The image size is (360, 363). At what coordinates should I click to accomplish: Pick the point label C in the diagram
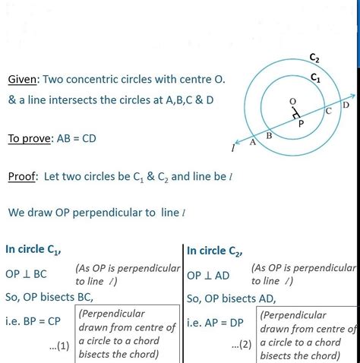328,112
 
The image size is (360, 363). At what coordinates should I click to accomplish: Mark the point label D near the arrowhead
346,105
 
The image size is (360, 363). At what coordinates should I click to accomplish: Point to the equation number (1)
62,346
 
